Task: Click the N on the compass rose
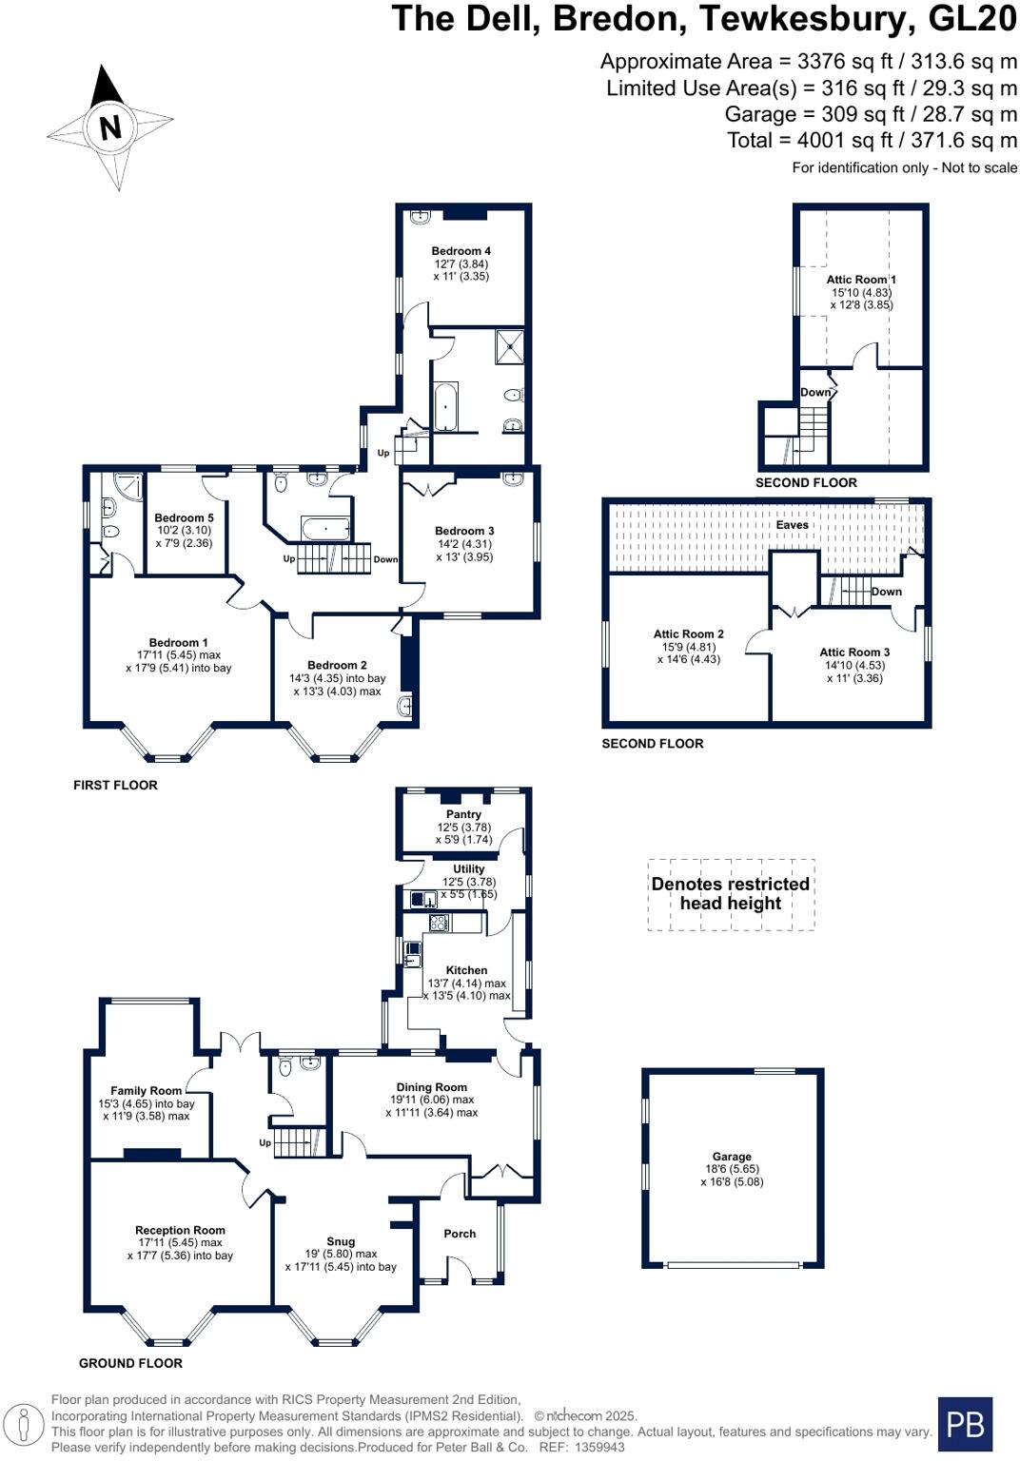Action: pyautogui.click(x=111, y=127)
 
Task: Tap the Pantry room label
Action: pyautogui.click(x=463, y=814)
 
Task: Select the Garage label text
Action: pyautogui.click(x=732, y=1157)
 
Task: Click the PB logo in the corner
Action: pyautogui.click(x=965, y=1424)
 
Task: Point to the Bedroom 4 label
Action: pyautogui.click(x=461, y=251)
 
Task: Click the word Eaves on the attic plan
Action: pyautogui.click(x=792, y=525)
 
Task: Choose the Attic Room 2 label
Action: pyautogui.click(x=688, y=633)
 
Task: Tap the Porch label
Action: pyautogui.click(x=460, y=1234)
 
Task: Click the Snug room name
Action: pyautogui.click(x=341, y=1241)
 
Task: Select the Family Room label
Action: pyautogui.click(x=146, y=1091)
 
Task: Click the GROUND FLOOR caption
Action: pyautogui.click(x=130, y=1363)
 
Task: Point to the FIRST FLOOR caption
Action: pyautogui.click(x=115, y=785)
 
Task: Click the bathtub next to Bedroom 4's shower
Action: pyautogui.click(x=445, y=407)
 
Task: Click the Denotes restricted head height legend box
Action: pyautogui.click(x=731, y=894)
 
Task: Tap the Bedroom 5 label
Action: pyautogui.click(x=184, y=518)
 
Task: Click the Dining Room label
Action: pyautogui.click(x=431, y=1087)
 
